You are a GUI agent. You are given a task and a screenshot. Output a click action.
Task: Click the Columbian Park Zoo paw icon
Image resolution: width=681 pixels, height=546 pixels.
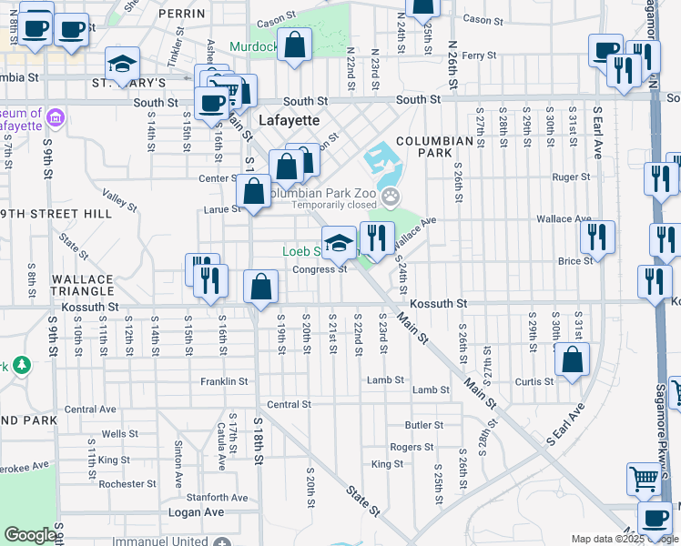(391, 195)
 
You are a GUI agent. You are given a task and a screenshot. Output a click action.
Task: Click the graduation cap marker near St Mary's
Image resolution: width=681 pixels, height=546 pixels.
(122, 64)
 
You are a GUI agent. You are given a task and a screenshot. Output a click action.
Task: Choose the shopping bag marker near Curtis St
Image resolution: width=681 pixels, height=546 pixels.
(572, 359)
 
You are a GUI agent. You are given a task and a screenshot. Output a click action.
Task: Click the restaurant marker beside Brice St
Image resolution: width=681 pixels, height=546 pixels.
(597, 238)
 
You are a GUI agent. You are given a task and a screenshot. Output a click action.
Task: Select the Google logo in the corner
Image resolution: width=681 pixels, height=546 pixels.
(31, 535)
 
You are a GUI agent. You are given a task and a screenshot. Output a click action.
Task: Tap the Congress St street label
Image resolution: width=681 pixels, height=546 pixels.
(320, 268)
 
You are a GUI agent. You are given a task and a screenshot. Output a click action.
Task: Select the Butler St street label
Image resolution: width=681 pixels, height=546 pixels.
(424, 424)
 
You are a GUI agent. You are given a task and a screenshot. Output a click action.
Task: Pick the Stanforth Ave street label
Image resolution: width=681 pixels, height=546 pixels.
(217, 497)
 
